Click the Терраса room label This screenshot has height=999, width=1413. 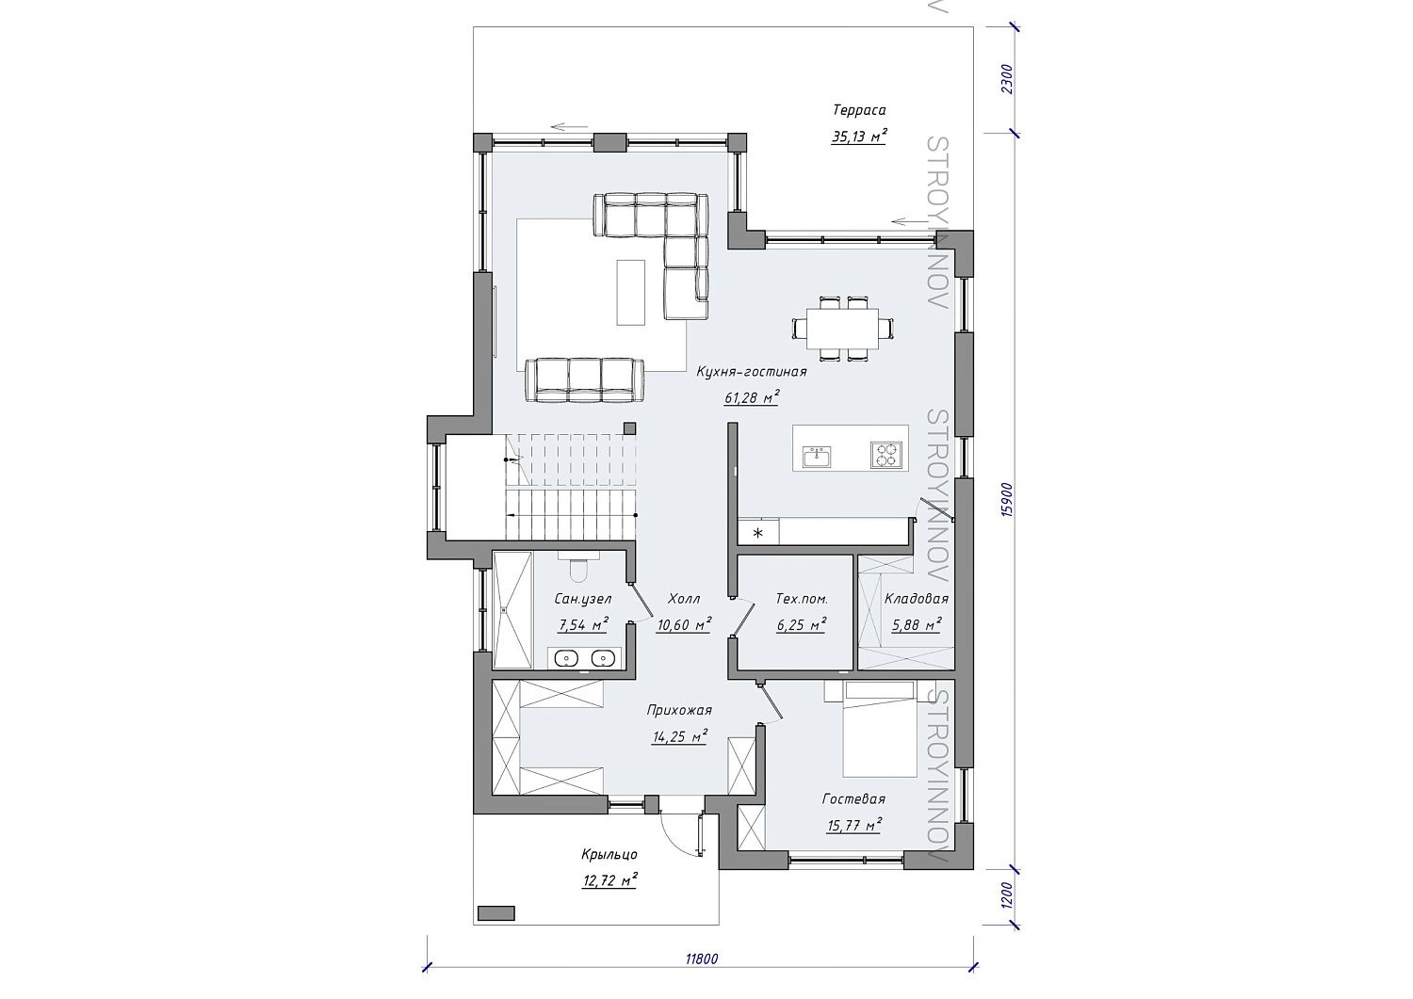tap(858, 110)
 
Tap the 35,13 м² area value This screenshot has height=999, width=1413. tap(858, 137)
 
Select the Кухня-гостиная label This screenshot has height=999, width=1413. tap(752, 372)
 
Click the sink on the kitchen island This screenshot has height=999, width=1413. tap(817, 456)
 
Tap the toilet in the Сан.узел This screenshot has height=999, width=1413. tap(577, 569)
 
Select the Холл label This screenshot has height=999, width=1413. tap(684, 598)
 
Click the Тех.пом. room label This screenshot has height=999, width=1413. tap(801, 599)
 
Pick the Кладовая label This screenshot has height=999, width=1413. tap(916, 598)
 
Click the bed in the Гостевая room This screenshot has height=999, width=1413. tap(880, 730)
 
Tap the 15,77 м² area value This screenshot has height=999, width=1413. tap(853, 825)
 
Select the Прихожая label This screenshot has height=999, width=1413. tap(679, 710)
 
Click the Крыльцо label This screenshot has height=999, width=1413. tap(609, 855)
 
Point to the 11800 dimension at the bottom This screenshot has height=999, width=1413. tap(702, 977)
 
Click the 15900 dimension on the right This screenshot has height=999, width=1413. tap(1006, 500)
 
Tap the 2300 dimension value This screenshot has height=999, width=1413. tap(1006, 79)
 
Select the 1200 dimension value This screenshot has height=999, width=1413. tap(1006, 894)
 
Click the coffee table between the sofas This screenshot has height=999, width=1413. tap(631, 293)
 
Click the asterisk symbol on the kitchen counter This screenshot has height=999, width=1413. tap(757, 533)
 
